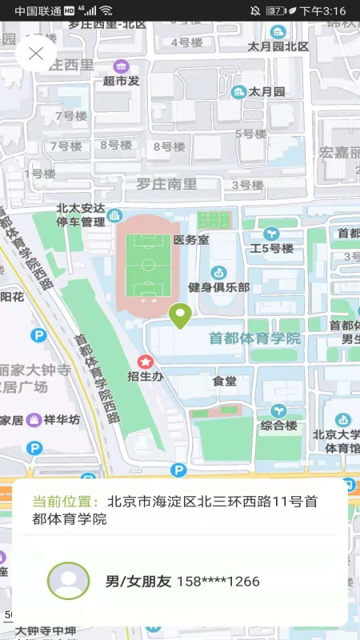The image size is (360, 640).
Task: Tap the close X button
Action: [35, 54]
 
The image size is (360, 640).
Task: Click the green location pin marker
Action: [180, 316]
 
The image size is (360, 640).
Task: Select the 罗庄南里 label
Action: [166, 184]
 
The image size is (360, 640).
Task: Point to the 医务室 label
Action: [191, 239]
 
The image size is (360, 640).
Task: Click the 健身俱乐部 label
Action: [218, 287]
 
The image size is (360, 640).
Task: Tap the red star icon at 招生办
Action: [145, 362]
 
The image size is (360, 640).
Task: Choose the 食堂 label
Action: [225, 382]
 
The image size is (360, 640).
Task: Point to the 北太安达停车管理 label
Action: [81, 215]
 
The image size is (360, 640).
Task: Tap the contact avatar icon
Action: [68, 582]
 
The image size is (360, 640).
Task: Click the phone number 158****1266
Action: [218, 582]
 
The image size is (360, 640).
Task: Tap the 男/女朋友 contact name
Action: [138, 582]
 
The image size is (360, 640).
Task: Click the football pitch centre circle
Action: [147, 265]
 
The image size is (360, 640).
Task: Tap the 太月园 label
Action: [266, 92]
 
